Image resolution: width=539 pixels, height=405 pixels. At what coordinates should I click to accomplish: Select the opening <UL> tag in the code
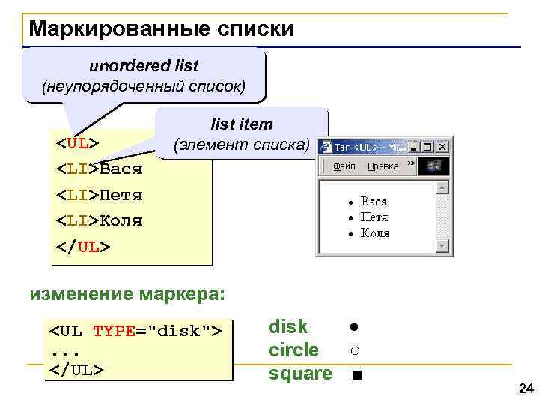click(x=78, y=142)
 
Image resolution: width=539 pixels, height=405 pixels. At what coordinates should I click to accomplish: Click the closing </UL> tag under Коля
click(x=83, y=247)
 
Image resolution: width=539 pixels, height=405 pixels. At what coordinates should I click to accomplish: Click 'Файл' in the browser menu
click(x=344, y=166)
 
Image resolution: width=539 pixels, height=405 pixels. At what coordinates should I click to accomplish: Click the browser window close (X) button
click(x=443, y=147)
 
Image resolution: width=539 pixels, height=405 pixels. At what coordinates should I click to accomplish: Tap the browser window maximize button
click(x=428, y=147)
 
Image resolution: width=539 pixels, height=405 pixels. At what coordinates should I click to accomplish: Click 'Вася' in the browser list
click(x=374, y=202)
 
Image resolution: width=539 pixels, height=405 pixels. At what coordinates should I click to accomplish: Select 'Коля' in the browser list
click(x=375, y=232)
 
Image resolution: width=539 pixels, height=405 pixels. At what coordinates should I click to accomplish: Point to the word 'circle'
click(x=293, y=350)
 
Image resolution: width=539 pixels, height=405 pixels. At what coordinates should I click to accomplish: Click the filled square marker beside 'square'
click(x=356, y=374)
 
